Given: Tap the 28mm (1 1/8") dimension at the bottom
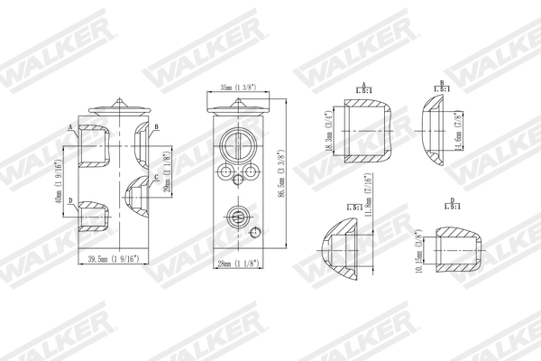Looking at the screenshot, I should coord(238,264).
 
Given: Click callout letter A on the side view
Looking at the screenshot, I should coord(70,127).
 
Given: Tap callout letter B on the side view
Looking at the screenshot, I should coord(156,127).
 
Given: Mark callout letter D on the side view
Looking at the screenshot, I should coord(70,189).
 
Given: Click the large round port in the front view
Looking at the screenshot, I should coord(238,144).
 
